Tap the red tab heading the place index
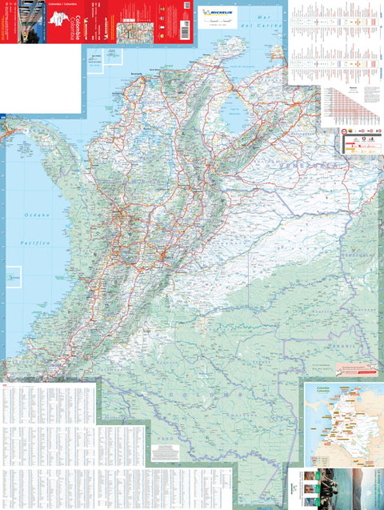(x=7, y=387)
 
